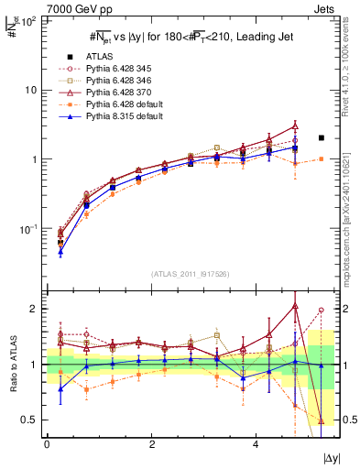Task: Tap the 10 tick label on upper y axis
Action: pos(29,90)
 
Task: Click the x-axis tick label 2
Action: pos(151,443)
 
